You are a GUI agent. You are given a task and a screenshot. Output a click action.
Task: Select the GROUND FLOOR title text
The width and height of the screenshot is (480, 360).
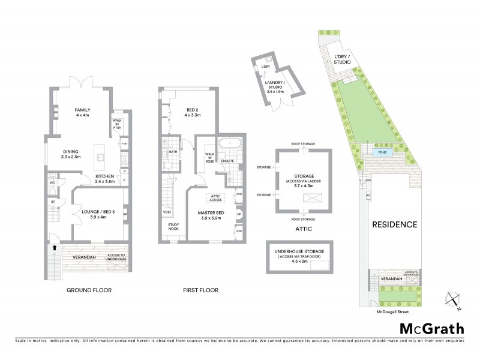click(89, 290)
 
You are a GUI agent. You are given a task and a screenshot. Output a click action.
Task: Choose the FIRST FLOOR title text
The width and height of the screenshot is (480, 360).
click(200, 290)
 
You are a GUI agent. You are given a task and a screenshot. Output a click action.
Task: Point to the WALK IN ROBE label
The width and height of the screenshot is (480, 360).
click(210, 158)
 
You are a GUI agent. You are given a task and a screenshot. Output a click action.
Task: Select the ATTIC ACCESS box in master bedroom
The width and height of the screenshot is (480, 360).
click(216, 197)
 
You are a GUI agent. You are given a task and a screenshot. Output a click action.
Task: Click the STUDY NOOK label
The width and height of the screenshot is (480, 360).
click(173, 227)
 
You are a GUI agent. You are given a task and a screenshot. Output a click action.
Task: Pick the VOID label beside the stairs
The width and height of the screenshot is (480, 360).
click(166, 212)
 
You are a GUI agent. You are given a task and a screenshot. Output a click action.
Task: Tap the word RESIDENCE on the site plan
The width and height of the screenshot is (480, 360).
click(395, 224)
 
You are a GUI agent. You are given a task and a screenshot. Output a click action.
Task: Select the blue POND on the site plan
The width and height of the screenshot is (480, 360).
click(381, 153)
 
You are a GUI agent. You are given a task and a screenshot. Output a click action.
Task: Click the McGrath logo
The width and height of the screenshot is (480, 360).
click(431, 328)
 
